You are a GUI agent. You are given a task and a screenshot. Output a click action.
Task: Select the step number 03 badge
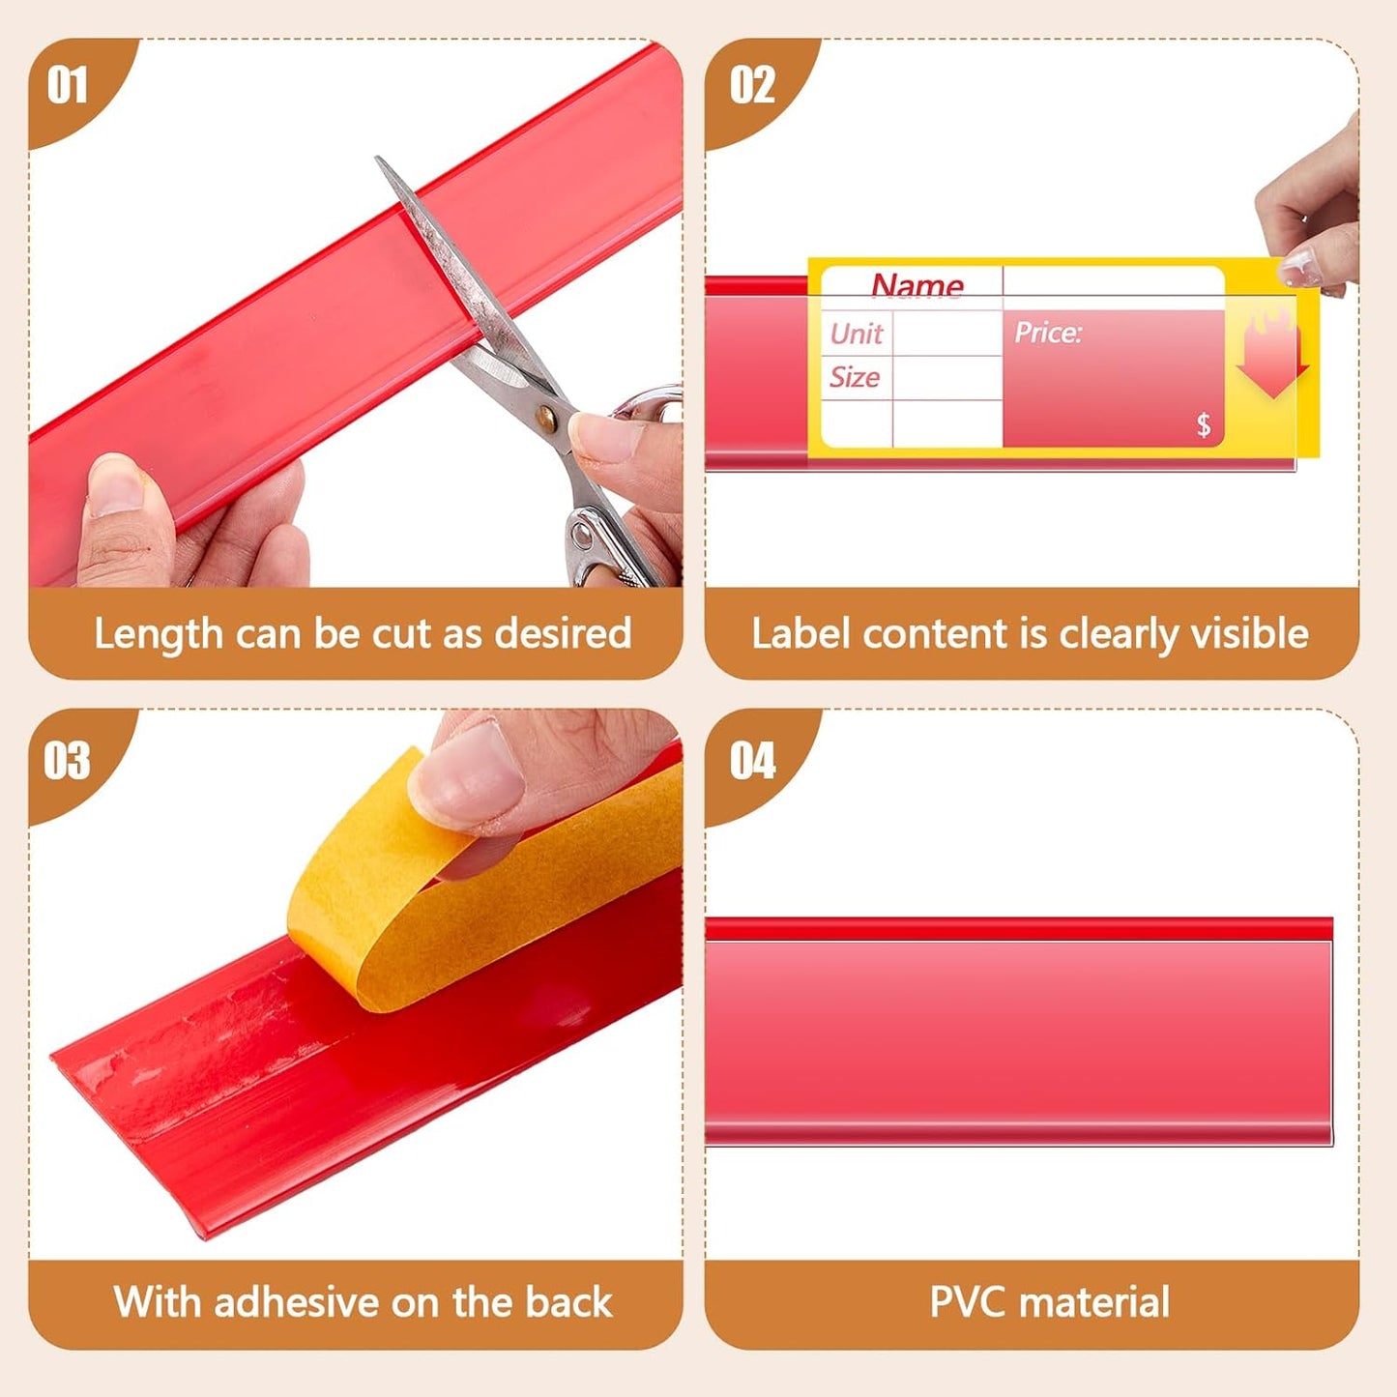pos(68,760)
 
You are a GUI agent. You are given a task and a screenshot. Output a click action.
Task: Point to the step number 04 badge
pos(753,760)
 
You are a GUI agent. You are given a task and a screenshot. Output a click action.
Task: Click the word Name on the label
pos(917,285)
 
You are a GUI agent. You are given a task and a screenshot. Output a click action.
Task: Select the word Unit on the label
pos(856,334)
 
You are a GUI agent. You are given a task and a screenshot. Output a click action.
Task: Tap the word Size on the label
pos(855,377)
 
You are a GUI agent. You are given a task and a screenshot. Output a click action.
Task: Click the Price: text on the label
pos(1048,333)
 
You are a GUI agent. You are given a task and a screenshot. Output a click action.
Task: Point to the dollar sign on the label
pos(1204,424)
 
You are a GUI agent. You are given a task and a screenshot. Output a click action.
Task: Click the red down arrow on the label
pos(1272,363)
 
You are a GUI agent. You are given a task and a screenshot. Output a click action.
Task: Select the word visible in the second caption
pos(1249,634)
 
